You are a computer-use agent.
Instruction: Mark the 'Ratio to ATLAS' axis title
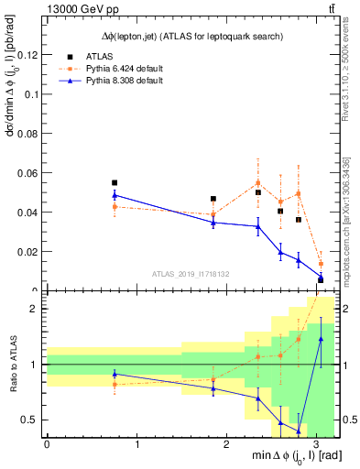click(x=10, y=364)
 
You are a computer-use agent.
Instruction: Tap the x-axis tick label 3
click(x=316, y=443)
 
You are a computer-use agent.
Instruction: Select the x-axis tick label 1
click(x=136, y=443)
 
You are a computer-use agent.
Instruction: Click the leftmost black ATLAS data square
click(x=115, y=182)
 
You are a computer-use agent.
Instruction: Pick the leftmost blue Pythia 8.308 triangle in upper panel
click(x=115, y=195)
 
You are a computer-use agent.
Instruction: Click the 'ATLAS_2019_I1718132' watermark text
click(x=190, y=273)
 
